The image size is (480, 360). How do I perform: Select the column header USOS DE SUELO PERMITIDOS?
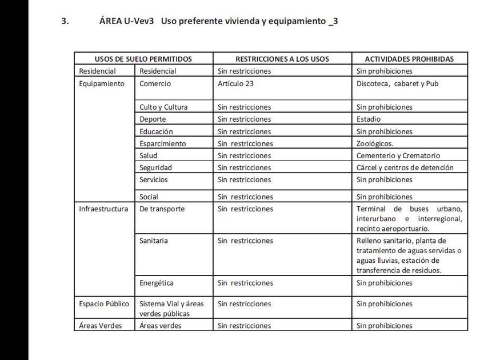tap(143, 59)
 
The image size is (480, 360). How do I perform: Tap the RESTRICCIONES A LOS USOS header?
tap(282, 59)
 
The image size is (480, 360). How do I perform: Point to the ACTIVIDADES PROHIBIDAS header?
tap(409, 59)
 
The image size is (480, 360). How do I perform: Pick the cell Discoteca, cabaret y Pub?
tap(397, 83)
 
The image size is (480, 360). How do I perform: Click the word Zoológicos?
tap(375, 143)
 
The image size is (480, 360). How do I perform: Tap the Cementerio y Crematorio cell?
tap(398, 155)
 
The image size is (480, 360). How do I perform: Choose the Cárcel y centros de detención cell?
tap(405, 167)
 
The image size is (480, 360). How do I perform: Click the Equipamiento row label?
tap(101, 83)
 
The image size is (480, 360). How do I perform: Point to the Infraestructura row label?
tap(103, 209)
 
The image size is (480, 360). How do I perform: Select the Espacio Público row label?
tap(103, 303)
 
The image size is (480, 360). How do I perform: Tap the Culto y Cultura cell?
tap(163, 107)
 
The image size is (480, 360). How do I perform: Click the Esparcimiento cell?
tap(162, 143)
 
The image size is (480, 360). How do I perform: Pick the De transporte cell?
tap(162, 209)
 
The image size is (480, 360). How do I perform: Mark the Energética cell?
tap(156, 283)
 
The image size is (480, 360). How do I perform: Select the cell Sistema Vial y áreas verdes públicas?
tap(171, 309)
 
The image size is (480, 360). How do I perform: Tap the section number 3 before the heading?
tap(65, 21)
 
